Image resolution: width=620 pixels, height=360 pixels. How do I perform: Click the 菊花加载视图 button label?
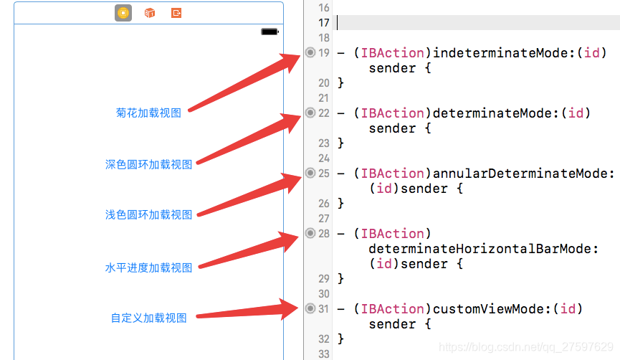pyautogui.click(x=148, y=113)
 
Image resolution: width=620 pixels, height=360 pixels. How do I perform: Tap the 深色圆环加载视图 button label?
pyautogui.click(x=148, y=164)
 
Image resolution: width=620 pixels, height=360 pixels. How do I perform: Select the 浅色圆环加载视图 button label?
pyautogui.click(x=148, y=214)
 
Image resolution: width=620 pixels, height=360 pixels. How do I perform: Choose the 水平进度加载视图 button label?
pyautogui.click(x=148, y=267)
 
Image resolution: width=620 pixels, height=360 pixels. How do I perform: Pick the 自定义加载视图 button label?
pyautogui.click(x=148, y=318)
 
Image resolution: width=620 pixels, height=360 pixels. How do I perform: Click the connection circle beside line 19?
pyautogui.click(x=310, y=52)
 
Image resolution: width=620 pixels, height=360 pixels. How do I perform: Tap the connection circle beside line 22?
pyautogui.click(x=310, y=113)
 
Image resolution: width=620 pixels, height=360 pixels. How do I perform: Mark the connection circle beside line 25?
pyautogui.click(x=310, y=173)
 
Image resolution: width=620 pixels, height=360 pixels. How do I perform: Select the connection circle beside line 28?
pyautogui.click(x=310, y=233)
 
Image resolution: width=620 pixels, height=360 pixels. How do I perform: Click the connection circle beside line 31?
pyautogui.click(x=310, y=308)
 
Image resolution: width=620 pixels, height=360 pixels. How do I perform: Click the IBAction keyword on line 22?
pyautogui.click(x=393, y=113)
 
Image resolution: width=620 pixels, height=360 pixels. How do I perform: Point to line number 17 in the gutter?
pyautogui.click(x=324, y=22)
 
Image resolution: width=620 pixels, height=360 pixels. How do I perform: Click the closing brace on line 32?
pyautogui.click(x=341, y=338)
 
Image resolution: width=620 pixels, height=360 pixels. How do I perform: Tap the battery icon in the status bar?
pyautogui.click(x=270, y=32)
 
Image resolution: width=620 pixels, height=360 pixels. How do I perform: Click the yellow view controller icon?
pyautogui.click(x=123, y=13)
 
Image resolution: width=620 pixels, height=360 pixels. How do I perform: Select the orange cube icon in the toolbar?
pyautogui.click(x=150, y=13)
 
